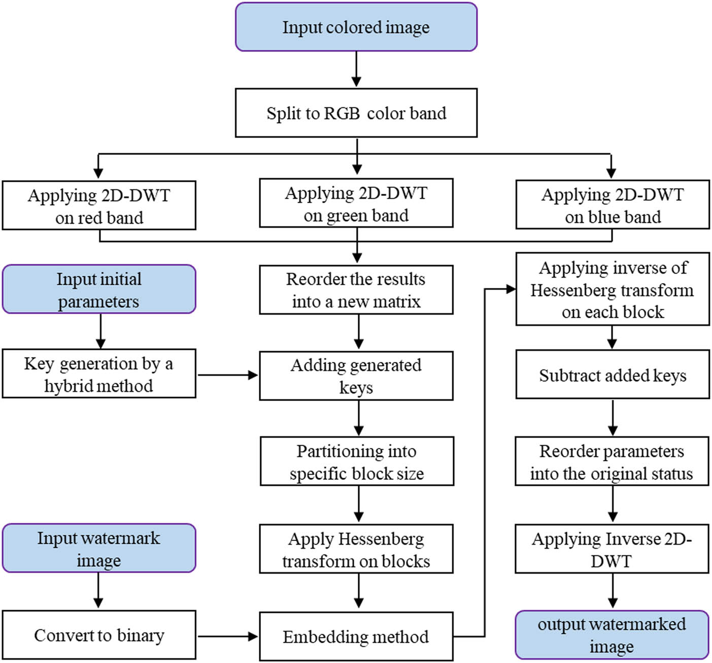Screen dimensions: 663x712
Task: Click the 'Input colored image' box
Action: (356, 27)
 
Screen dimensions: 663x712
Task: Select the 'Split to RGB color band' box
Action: (356, 113)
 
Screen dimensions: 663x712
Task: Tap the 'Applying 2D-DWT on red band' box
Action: (99, 206)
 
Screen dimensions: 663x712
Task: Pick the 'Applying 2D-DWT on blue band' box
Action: (612, 205)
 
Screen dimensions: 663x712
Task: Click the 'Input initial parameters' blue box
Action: (99, 289)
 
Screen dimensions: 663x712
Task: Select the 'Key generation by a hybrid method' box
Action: (99, 374)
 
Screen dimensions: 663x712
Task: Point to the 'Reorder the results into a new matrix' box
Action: (356, 289)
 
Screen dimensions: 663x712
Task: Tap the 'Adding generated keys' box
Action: (356, 376)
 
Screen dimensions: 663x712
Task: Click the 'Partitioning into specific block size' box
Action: (357, 461)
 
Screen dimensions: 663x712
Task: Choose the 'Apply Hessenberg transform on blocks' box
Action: (356, 549)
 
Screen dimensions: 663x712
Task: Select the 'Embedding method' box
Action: (356, 637)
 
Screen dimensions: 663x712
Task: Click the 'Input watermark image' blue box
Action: (99, 548)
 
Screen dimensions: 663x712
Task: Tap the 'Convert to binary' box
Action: (99, 635)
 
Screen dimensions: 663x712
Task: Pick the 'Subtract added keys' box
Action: (612, 375)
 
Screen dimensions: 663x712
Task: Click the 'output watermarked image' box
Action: (612, 635)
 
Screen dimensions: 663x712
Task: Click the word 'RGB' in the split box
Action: (342, 113)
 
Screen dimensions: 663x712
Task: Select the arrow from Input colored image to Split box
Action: (356, 69)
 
